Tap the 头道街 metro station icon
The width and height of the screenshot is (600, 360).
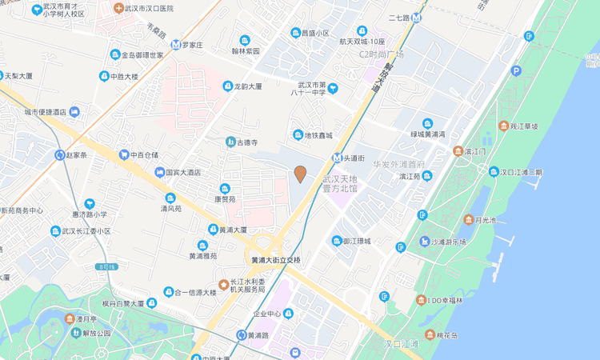point(338,158)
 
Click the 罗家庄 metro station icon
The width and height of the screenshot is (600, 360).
point(175,45)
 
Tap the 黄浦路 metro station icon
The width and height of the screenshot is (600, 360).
point(241,334)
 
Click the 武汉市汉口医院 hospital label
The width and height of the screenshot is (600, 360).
point(150,8)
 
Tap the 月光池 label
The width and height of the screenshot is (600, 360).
point(485,219)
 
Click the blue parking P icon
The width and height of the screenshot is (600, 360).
point(516,71)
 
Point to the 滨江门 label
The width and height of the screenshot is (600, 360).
point(474,151)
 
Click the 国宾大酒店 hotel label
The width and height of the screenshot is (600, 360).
point(182,172)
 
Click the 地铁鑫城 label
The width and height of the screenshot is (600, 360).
point(317,135)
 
